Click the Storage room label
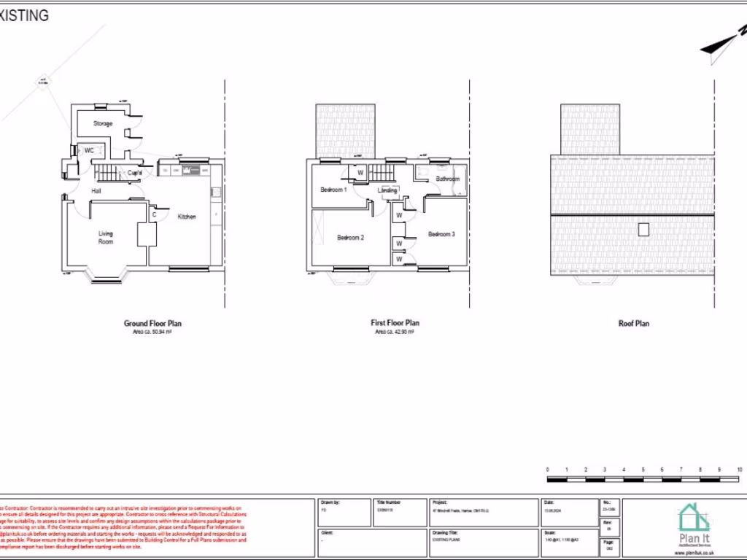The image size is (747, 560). [x=103, y=124]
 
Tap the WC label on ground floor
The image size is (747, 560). [x=89, y=150]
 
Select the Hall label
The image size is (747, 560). [x=96, y=191]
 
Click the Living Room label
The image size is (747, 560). [x=107, y=238]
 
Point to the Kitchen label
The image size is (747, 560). [x=187, y=217]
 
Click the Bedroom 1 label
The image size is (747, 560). [x=333, y=190]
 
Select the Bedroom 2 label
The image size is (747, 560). [x=350, y=238]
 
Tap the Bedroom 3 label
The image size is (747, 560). [x=441, y=234]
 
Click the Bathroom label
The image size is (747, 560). [x=447, y=179]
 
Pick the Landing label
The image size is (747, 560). [x=387, y=191]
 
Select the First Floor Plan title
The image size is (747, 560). [x=395, y=323]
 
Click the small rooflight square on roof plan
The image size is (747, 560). [x=643, y=229]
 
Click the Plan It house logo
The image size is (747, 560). [x=693, y=520]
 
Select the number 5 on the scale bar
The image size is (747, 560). [x=643, y=470]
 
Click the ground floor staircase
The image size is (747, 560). [x=107, y=174]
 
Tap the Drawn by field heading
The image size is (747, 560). [x=330, y=502]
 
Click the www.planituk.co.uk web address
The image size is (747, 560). [x=693, y=553]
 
